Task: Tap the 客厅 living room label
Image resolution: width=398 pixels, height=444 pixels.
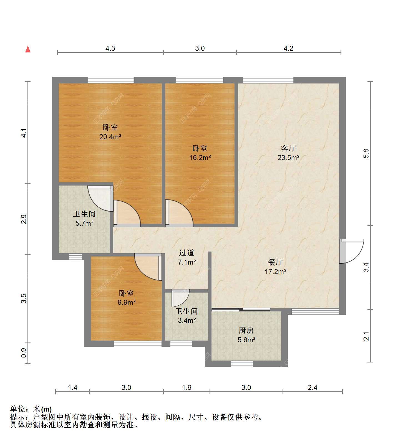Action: pos(288,148)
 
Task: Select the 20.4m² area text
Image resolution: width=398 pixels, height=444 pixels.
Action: pos(110,137)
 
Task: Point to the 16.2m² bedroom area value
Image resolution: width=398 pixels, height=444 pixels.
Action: pos(200,158)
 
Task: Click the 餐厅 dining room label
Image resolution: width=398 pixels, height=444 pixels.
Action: pos(275,262)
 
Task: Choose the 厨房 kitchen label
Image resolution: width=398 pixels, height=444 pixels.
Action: pos(246,331)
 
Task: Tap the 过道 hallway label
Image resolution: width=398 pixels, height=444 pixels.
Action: pos(186,253)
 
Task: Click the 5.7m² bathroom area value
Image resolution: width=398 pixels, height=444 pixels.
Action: pos(84,223)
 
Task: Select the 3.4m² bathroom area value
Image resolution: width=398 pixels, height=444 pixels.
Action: pos(187,321)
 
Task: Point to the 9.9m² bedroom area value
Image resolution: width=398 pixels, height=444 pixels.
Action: pos(127,302)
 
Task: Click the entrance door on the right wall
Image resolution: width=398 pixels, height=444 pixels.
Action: pos(351,251)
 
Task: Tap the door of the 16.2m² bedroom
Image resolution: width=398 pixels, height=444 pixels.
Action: pos(179,213)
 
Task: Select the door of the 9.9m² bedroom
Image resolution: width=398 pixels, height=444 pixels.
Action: pos(148,267)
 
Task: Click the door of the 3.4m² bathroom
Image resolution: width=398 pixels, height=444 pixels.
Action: pos(180,298)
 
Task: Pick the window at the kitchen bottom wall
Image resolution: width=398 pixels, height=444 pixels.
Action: pos(242,364)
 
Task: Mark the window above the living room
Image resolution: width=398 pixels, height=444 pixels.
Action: pos(268,80)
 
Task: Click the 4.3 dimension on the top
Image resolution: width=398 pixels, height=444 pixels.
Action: pos(110,48)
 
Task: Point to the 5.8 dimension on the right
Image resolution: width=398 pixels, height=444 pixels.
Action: pos(366,153)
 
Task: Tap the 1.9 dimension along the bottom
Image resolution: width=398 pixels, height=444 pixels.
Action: pos(187,387)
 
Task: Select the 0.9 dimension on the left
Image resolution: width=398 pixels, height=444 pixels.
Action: pos(24,353)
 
